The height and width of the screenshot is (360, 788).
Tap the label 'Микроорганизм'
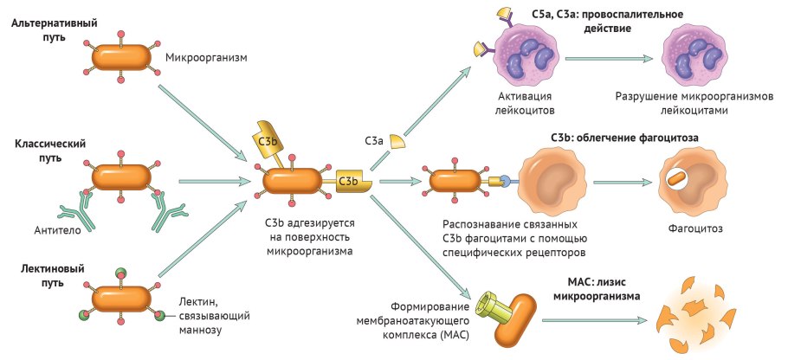tap(205, 58)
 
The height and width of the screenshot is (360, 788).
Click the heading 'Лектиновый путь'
tap(44, 276)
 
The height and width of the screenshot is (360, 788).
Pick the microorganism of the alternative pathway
tap(120, 58)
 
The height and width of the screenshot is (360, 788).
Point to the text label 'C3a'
tap(374, 139)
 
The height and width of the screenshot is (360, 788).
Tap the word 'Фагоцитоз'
tap(695, 229)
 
